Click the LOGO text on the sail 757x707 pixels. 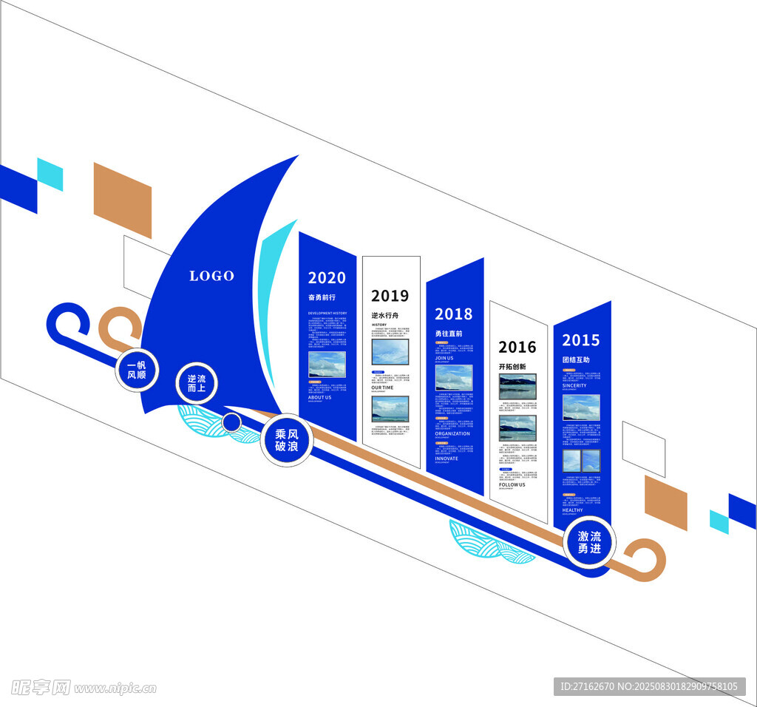coord(211,276)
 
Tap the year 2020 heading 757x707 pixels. coord(327,278)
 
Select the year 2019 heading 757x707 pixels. coord(390,297)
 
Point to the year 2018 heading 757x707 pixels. coord(453,314)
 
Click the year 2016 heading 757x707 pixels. coord(517,347)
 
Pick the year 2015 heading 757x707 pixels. coord(581,340)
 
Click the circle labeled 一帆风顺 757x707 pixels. coord(137,370)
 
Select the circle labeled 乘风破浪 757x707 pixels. coord(286,440)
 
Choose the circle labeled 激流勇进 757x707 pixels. coord(589,543)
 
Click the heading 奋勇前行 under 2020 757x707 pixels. coord(322,297)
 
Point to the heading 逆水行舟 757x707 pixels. coord(384,315)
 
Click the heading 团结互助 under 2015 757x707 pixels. coord(576,359)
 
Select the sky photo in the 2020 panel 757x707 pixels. coord(327,364)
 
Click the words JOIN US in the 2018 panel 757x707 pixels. coord(444,358)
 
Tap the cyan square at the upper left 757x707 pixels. coord(50,175)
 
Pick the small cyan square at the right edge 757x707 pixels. coord(719,521)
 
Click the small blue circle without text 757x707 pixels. coord(231,422)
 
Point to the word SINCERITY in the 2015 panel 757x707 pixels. coord(574,385)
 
